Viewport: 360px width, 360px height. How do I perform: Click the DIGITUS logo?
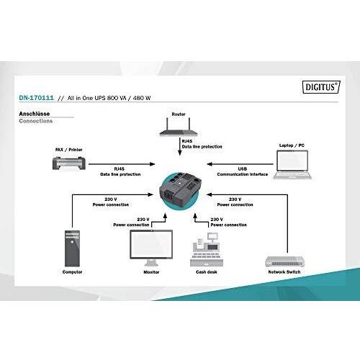[321, 87]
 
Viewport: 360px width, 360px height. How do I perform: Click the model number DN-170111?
[36, 98]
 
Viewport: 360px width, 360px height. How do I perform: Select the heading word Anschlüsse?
[35, 114]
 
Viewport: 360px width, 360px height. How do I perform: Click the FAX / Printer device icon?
[69, 163]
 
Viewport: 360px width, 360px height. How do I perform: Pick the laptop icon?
[292, 165]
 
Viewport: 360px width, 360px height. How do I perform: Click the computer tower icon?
[72, 248]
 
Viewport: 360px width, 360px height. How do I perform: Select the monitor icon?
[151, 248]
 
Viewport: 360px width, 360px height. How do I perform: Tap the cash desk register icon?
[207, 250]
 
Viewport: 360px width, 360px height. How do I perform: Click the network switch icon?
[284, 261]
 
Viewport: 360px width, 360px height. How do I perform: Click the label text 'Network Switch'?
[284, 272]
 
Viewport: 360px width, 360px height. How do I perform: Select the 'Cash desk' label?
[207, 272]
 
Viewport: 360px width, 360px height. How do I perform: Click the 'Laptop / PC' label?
[292, 145]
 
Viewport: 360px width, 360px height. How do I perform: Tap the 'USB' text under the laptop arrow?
[243, 168]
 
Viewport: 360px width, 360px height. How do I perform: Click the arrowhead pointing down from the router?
[180, 153]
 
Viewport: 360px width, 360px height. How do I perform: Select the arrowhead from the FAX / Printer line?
[152, 164]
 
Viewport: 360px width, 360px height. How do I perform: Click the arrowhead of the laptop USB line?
[210, 164]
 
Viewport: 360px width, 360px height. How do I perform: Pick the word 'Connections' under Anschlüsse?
[36, 121]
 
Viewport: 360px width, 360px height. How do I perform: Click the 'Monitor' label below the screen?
[151, 272]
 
